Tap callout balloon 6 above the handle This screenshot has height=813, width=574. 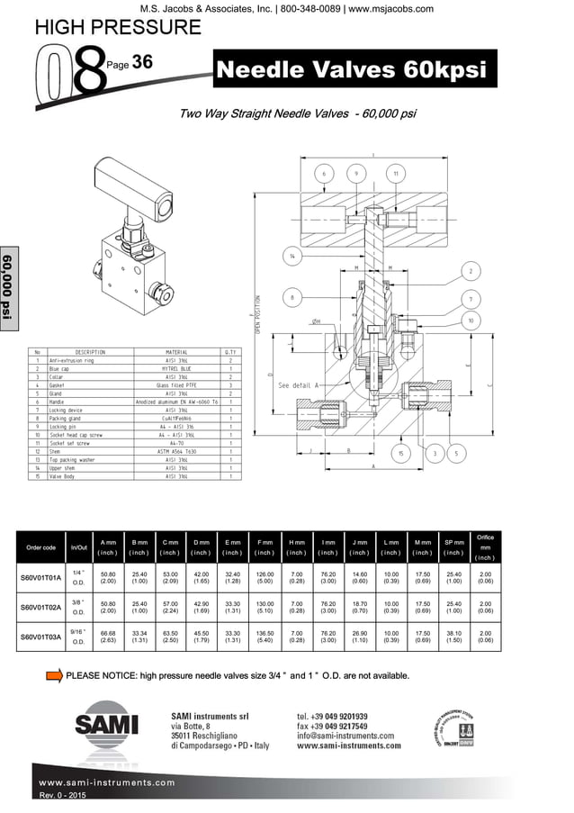pyautogui.click(x=324, y=173)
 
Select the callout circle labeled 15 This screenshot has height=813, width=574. pyautogui.click(x=400, y=454)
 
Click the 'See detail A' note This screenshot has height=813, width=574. pyautogui.click(x=300, y=384)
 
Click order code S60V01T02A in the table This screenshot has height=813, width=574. pyautogui.click(x=40, y=608)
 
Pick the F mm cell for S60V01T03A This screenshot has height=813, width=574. pyautogui.click(x=265, y=637)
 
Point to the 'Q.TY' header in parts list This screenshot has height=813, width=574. pyautogui.click(x=230, y=352)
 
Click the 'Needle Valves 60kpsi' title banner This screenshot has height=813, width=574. pyautogui.click(x=354, y=70)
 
